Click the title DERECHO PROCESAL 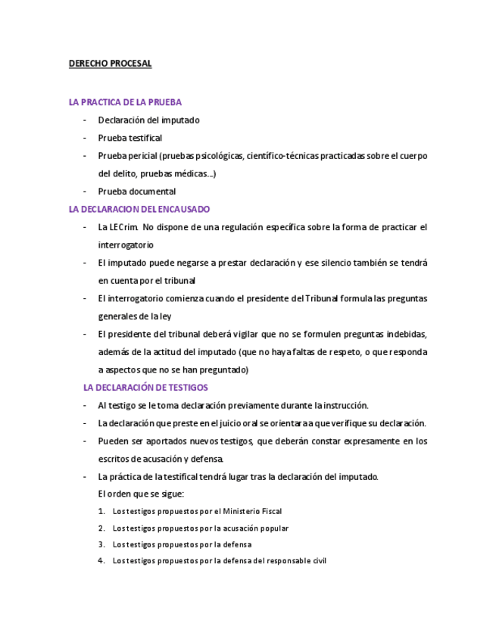click(110, 64)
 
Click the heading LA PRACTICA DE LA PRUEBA click(125, 102)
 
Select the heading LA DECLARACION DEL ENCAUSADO click(139, 209)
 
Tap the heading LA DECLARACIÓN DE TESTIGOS click(145, 388)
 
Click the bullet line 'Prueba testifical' click(129, 138)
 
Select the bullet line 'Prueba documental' click(136, 192)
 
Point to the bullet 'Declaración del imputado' click(148, 120)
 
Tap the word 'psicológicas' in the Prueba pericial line click(219, 156)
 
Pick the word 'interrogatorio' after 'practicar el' click(126, 245)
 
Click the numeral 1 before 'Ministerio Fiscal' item click(101, 511)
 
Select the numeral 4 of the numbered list click(101, 561)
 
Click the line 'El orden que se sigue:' click(141, 494)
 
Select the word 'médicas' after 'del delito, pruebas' click(195, 174)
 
